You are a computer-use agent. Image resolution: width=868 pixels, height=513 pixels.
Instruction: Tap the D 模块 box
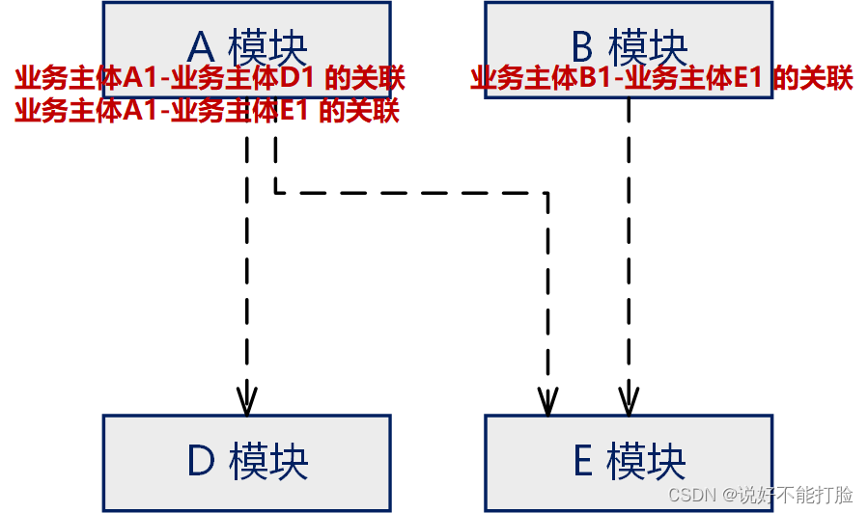click(246, 462)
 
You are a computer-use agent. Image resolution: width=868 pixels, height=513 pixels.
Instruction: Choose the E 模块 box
click(628, 462)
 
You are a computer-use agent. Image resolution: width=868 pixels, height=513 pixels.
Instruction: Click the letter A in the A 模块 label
click(202, 46)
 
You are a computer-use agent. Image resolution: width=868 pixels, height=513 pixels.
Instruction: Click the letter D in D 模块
click(201, 462)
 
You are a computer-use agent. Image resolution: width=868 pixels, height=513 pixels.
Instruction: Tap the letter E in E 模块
click(582, 462)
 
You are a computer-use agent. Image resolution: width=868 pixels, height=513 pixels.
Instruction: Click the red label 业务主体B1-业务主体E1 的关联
click(661, 79)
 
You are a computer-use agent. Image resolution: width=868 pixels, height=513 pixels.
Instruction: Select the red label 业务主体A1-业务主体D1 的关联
click(210, 79)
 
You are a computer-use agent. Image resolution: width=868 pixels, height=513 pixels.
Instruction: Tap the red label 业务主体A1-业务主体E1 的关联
click(207, 111)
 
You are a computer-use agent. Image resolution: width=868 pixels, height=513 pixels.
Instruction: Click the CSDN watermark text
click(688, 495)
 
